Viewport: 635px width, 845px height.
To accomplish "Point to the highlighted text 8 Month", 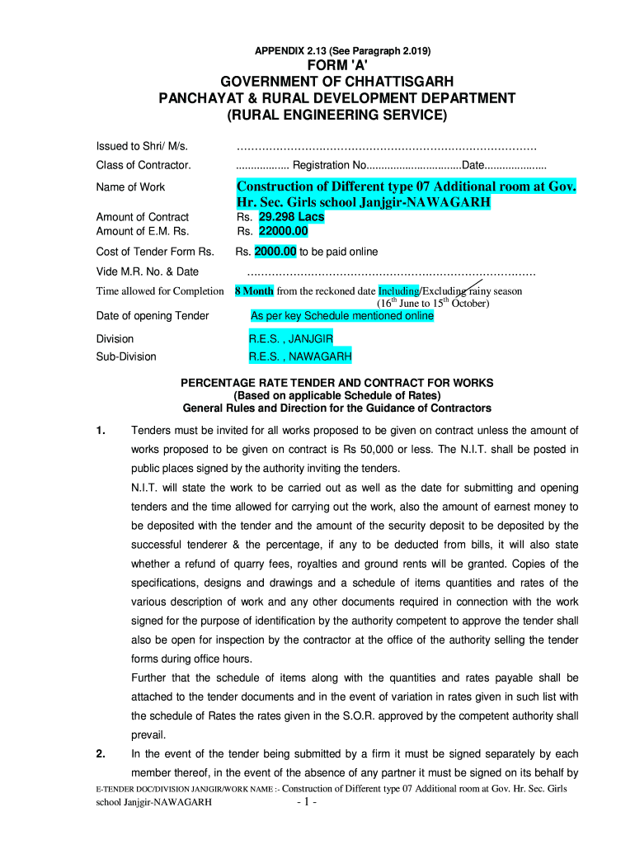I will (254, 291).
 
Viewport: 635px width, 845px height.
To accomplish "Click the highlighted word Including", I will (399, 291).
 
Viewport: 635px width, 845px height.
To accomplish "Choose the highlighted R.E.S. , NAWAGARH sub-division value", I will (300, 357).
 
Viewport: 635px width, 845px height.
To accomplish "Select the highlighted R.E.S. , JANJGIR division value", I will (297, 339).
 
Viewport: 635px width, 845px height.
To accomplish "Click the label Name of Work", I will (130, 187).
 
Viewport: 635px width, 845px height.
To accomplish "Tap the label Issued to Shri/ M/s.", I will (143, 146).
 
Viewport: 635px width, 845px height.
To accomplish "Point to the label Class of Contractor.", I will (143, 165).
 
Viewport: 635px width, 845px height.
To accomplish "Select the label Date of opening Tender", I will (153, 315).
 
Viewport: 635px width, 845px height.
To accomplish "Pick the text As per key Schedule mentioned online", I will (341, 316).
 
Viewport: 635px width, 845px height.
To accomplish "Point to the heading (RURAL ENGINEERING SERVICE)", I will (336, 116).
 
